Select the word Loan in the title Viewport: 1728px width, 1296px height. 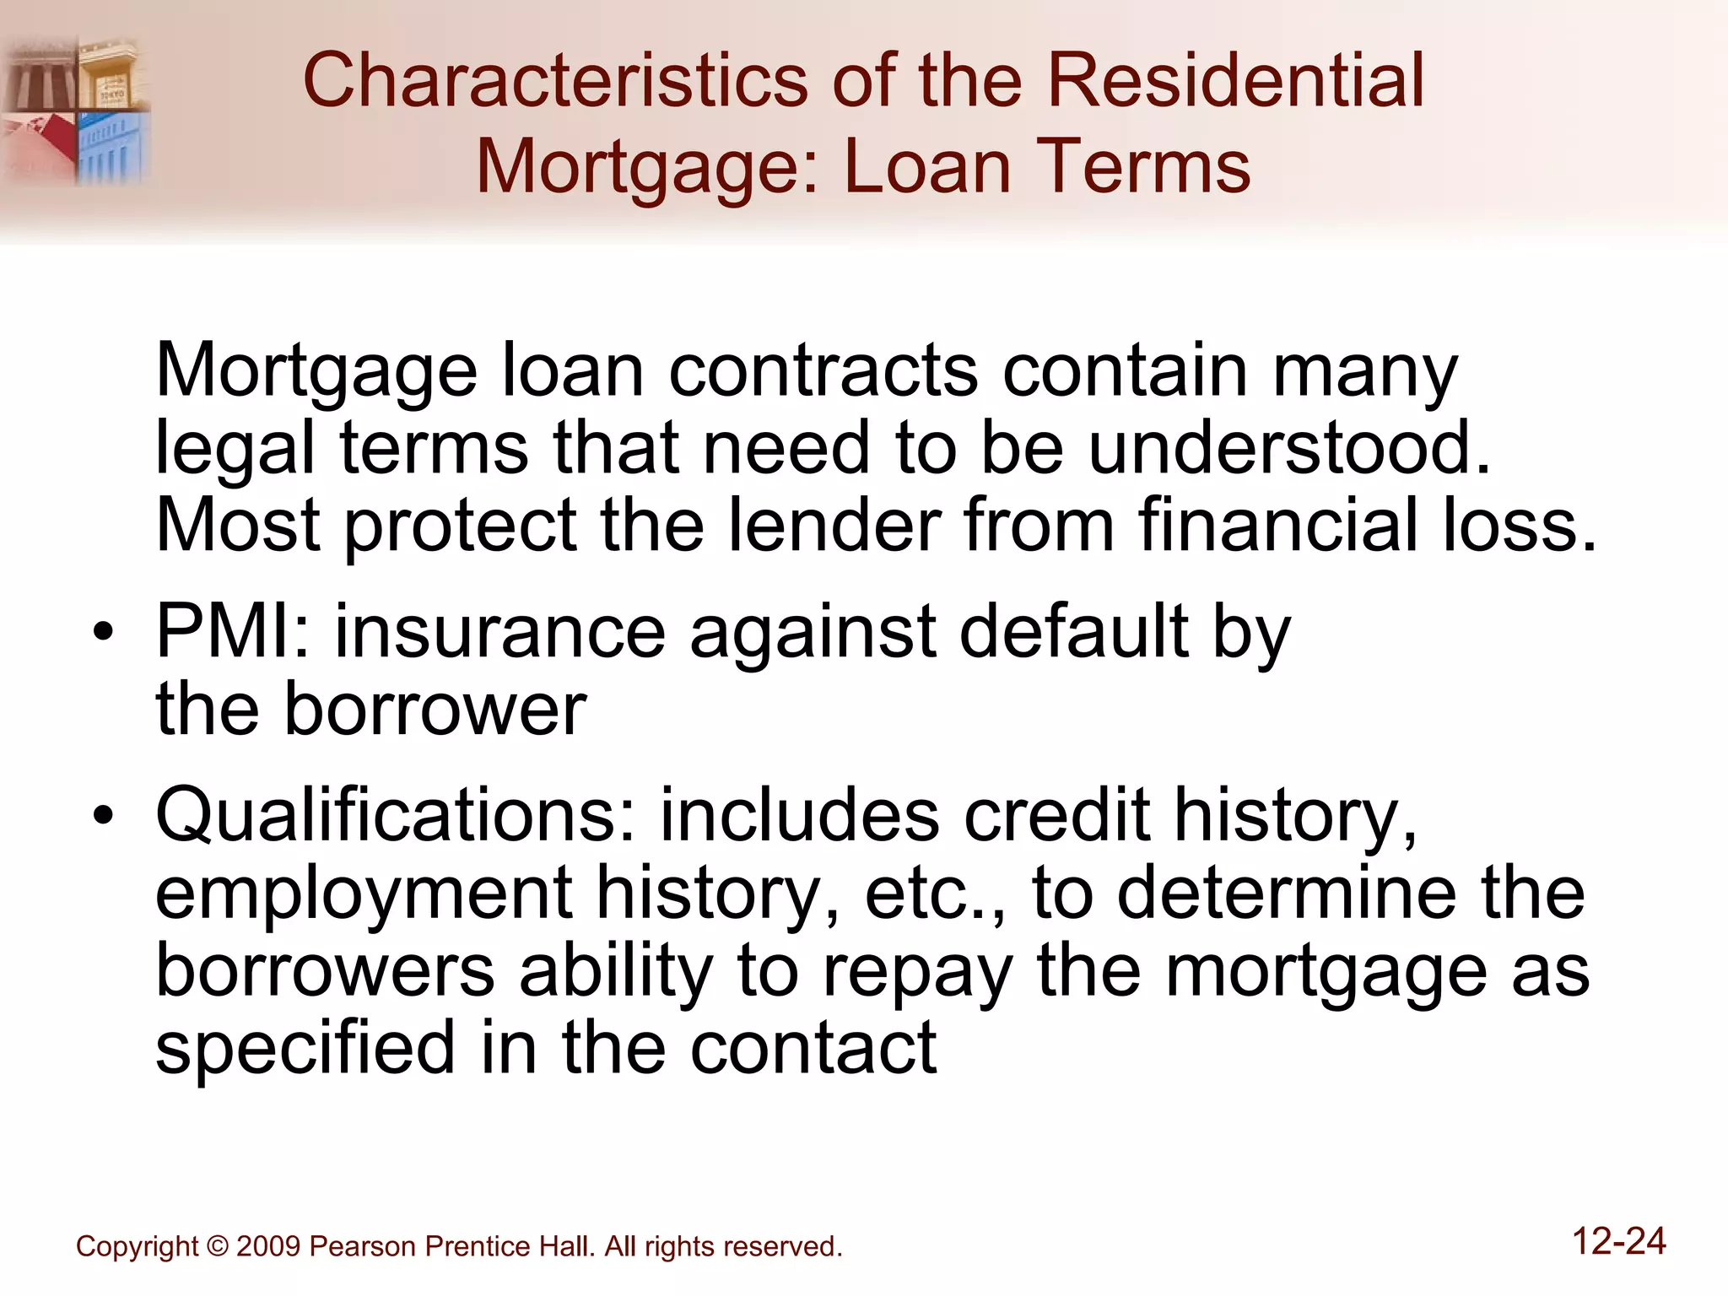(927, 166)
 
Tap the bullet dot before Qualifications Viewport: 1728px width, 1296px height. (103, 816)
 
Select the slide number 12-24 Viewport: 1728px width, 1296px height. (1618, 1241)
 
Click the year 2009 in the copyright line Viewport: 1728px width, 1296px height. (268, 1246)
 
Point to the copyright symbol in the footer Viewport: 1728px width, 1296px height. (217, 1246)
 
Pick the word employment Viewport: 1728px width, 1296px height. (364, 894)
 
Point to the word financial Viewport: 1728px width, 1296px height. (1278, 525)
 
